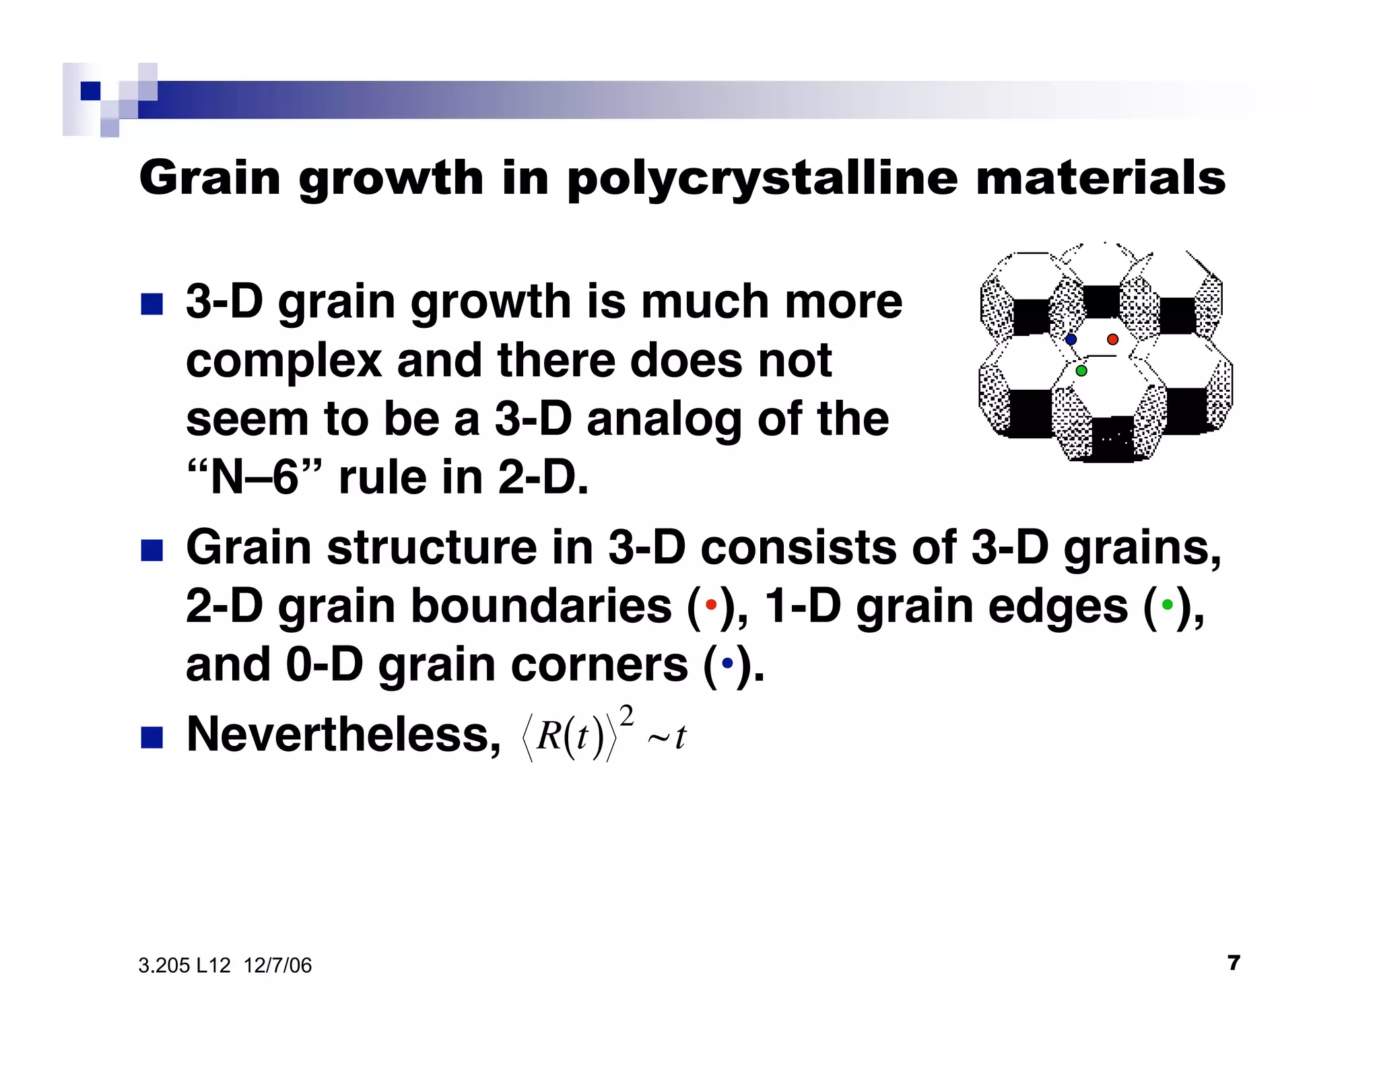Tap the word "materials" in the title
click(1100, 178)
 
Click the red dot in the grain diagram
click(1112, 339)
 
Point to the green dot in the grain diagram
click(1081, 371)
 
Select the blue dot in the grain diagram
click(1071, 339)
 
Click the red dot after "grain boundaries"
click(710, 605)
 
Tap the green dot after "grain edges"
click(1167, 605)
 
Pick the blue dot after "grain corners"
click(727, 663)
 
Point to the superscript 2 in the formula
click(626, 716)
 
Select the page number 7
click(1234, 963)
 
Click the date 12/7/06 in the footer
click(277, 965)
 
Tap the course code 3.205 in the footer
click(164, 965)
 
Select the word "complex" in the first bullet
click(283, 361)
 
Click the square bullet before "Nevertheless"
click(152, 737)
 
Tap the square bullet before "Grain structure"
click(152, 550)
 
